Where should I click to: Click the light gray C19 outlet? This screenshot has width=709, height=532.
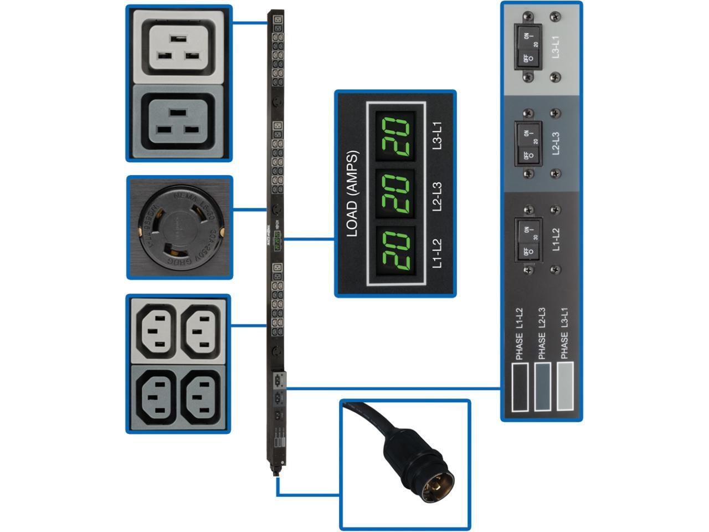pos(178,48)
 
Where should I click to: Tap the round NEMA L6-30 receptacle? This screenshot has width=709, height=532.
pos(179,227)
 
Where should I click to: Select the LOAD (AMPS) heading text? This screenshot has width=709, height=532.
pos(352,194)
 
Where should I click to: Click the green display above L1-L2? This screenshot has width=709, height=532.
pos(395,252)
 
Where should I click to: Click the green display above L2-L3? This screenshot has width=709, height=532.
pos(395,193)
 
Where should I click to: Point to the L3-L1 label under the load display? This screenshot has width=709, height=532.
pos(438,135)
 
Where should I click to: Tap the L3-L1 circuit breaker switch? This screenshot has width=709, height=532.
pos(528,47)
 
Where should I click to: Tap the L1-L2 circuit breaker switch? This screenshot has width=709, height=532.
pos(528,239)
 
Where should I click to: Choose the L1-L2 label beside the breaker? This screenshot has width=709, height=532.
pos(556,239)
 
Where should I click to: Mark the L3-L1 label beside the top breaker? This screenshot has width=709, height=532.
pos(556,47)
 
